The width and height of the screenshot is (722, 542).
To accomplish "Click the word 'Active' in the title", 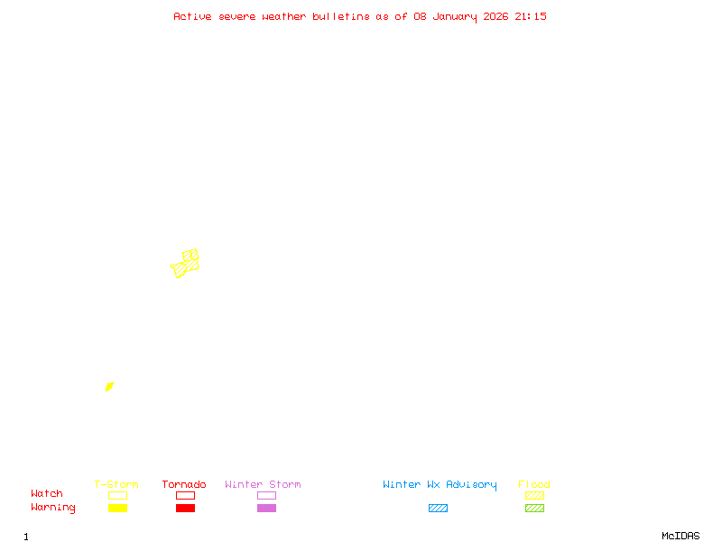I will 193,16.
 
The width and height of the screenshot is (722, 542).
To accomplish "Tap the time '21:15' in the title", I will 531,16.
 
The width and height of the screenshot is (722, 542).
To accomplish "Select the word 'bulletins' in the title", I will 341,16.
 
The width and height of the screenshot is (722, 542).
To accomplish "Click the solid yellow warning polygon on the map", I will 109,387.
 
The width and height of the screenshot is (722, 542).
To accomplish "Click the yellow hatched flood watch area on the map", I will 186,264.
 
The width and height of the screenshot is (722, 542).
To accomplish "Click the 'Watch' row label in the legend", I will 47,494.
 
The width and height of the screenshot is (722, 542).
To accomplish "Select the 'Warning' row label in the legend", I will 53,508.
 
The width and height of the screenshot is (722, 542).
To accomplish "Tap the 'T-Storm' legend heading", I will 116,485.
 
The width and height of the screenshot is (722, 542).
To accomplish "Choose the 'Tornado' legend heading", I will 184,485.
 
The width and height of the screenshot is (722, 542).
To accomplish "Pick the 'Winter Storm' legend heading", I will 263,485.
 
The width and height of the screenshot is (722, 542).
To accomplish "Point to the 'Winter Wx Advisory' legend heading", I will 440,485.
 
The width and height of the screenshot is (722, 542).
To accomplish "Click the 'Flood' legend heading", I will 534,485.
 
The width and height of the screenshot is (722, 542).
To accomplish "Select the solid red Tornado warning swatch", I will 185,509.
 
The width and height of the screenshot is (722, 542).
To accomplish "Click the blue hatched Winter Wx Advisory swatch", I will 438,509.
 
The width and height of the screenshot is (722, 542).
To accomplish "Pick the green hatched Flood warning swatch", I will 534,509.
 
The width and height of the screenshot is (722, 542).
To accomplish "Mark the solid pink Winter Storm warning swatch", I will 266,509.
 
